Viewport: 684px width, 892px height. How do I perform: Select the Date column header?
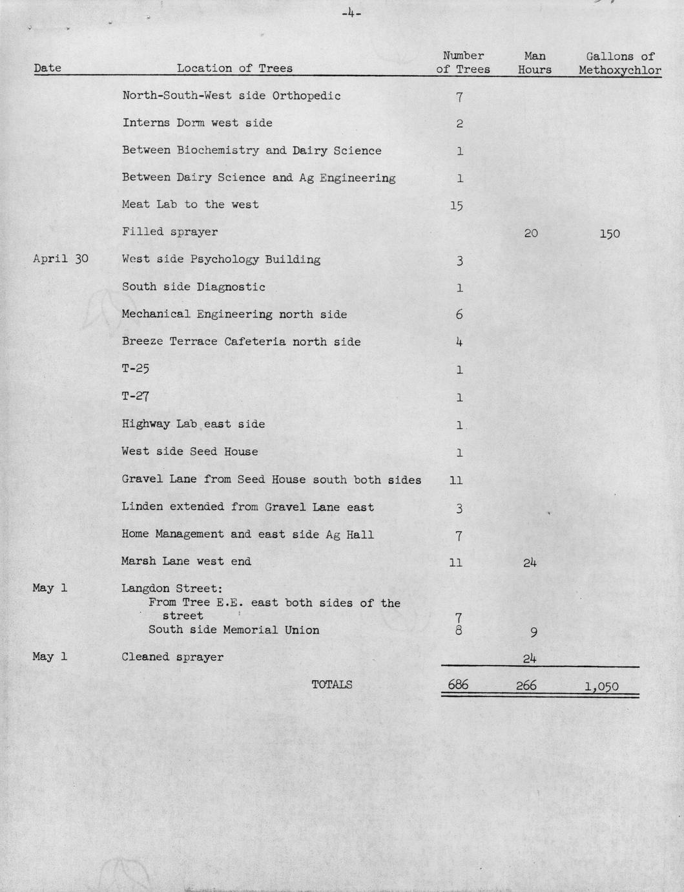click(48, 69)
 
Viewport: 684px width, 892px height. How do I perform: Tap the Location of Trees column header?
click(234, 69)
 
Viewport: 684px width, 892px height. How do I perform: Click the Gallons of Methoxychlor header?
click(620, 63)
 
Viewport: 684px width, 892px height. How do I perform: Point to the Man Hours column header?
click(535, 63)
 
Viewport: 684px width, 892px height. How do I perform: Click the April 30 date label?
click(61, 259)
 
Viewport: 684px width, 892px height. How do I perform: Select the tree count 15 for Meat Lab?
click(457, 206)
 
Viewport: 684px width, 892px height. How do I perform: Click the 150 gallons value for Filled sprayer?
click(609, 233)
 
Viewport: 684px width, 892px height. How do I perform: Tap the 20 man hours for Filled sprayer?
click(531, 233)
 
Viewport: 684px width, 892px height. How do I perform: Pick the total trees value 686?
click(458, 685)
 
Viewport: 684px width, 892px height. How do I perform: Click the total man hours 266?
click(526, 685)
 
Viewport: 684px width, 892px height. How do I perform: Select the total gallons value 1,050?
click(601, 686)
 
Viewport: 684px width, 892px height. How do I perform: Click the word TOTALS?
click(332, 685)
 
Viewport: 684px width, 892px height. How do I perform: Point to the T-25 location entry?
click(136, 369)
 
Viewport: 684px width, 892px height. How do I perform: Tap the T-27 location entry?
click(136, 396)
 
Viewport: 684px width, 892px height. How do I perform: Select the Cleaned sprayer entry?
click(172, 657)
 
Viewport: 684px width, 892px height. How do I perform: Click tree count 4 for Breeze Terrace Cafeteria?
click(459, 342)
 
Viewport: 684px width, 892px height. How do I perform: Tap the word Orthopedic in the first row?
click(306, 96)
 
